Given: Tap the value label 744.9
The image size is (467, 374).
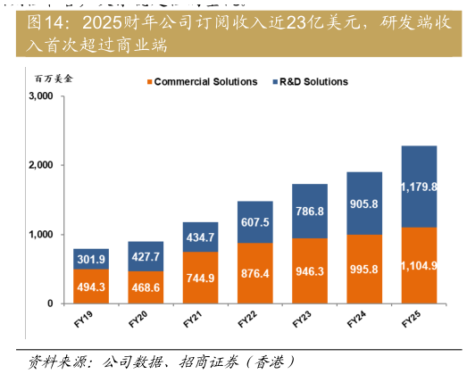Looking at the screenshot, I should pos(200,278).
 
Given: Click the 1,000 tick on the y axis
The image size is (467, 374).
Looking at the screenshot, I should pos(41,235).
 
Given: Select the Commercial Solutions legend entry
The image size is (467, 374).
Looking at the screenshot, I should pos(201,81).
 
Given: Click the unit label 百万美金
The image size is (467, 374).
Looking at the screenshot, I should pos(54,79).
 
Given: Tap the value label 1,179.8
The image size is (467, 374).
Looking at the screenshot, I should pos(419,187).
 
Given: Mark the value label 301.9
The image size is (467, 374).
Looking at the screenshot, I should pos(91,260).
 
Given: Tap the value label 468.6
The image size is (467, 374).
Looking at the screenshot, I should pos(146,287).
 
